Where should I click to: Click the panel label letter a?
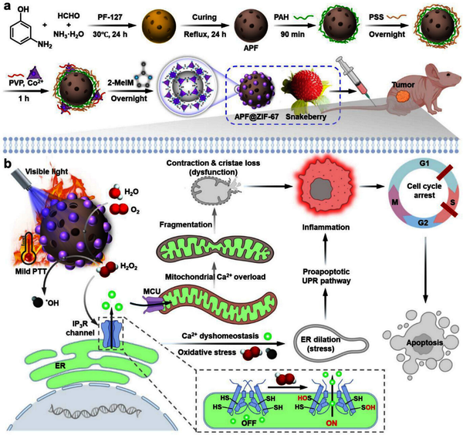click(x=7, y=6)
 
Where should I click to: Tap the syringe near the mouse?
click(x=353, y=81)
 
